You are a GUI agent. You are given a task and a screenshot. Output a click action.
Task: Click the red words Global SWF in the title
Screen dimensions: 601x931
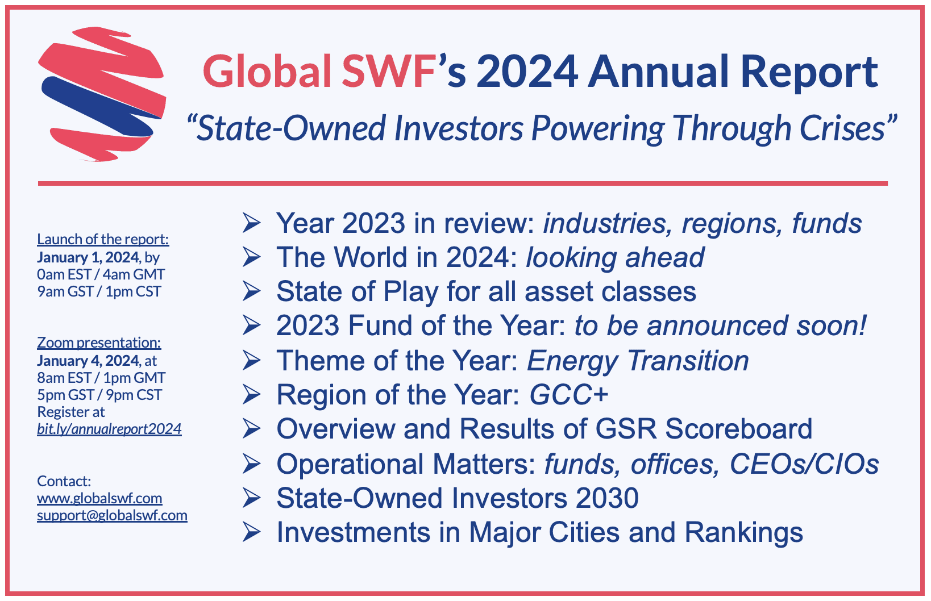tap(318, 72)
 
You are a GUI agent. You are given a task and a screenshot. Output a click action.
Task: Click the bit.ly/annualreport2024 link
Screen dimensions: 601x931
tap(109, 429)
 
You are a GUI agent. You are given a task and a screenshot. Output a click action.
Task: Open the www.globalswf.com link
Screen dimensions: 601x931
tap(99, 498)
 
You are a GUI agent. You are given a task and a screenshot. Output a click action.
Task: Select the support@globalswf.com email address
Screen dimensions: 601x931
tap(112, 515)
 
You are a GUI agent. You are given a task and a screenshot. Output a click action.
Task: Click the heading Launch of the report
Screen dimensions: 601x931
tap(103, 239)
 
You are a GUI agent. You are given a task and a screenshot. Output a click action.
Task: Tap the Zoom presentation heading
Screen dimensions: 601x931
tap(99, 343)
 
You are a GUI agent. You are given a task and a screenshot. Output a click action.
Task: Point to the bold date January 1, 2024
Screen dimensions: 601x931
tap(88, 257)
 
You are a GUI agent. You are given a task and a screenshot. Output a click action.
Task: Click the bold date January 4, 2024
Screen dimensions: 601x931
tap(88, 361)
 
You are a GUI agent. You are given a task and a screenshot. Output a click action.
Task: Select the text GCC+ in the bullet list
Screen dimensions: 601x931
tap(569, 395)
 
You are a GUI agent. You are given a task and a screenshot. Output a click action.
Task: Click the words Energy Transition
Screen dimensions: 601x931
tap(638, 361)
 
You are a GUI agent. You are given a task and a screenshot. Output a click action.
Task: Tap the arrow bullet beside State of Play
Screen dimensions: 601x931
tap(251, 291)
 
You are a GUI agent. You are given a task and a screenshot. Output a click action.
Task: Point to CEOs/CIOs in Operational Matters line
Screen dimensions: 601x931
tap(804, 464)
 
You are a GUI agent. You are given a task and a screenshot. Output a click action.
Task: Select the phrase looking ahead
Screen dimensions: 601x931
tap(615, 257)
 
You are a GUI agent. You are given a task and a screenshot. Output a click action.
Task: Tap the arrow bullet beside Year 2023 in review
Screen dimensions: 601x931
tap(251, 223)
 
